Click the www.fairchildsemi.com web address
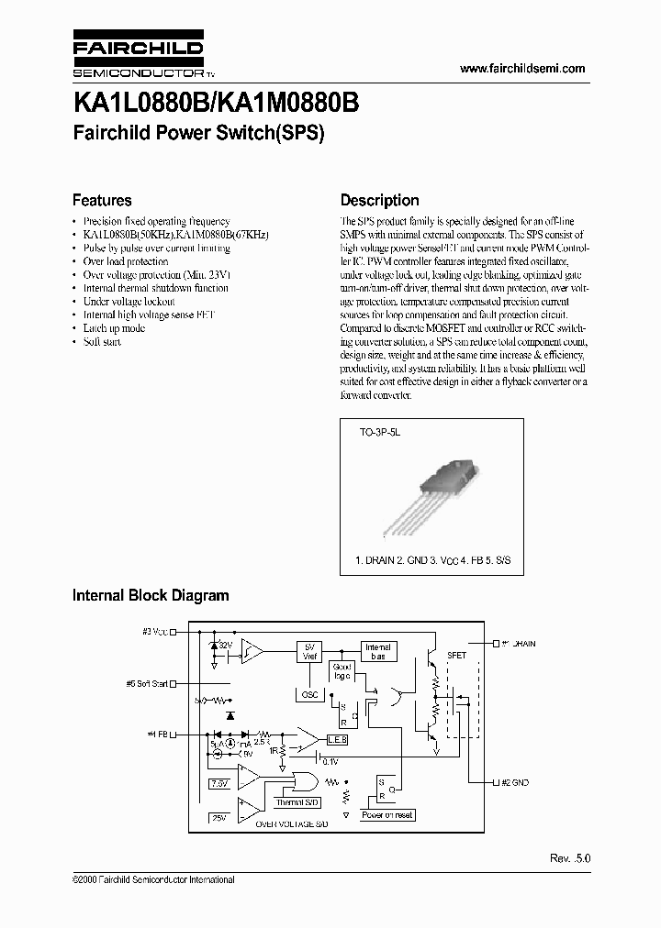[521, 69]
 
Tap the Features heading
[102, 200]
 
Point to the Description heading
[379, 200]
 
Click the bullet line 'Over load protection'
[126, 261]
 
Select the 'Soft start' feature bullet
[102, 342]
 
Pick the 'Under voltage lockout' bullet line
[129, 302]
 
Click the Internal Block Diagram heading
[151, 595]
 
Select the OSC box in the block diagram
[309, 694]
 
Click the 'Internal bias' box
[377, 652]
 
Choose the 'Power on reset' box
[387, 815]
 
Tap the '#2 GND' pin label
[514, 782]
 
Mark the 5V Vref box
[310, 652]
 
